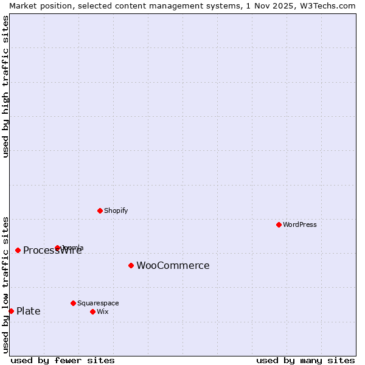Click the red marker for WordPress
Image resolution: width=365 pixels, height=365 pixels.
279,224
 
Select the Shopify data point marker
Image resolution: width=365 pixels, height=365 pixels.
100,210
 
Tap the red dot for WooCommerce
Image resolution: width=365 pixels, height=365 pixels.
131,265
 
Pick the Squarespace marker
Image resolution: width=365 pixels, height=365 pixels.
73,303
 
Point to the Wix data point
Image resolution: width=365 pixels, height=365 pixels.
92,311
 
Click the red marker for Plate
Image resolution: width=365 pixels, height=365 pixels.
11,311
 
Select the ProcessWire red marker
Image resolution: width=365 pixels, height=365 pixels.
18,250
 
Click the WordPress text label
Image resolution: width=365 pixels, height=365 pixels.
300,224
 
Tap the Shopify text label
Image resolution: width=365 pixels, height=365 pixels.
116,210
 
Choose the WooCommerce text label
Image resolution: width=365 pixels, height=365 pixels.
173,265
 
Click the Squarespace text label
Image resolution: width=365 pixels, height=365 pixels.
98,303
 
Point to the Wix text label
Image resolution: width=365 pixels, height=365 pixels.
103,311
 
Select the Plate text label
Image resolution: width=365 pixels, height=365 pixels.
29,311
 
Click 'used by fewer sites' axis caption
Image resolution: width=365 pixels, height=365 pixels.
63,360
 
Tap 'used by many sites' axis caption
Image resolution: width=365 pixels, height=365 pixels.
305,360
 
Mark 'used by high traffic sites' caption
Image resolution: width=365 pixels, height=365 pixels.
5,86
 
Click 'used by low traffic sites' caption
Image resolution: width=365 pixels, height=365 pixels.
5,285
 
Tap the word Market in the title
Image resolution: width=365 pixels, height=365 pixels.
23,5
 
